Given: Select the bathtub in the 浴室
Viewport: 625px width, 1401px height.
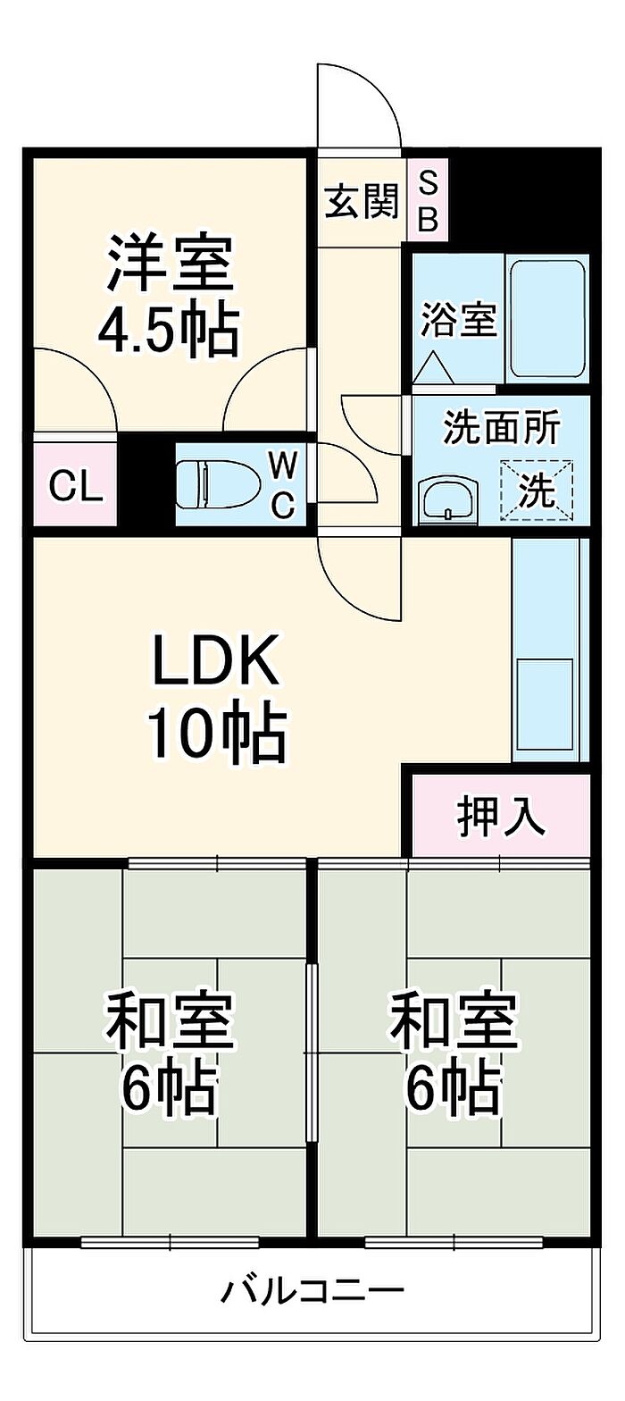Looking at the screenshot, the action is coord(548,319).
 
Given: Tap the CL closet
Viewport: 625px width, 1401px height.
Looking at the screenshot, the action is coord(76,484).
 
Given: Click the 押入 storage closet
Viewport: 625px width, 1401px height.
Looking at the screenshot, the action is coord(501,816).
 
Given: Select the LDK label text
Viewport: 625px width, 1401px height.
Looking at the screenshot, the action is coord(215,660).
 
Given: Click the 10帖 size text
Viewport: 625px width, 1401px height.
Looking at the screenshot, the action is coord(217,734).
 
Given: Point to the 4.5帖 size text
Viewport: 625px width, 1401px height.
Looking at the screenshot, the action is coord(168,330).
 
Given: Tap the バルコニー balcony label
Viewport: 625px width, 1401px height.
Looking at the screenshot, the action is coord(313,1289).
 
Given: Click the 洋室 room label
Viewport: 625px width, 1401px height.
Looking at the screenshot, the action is coord(170,263).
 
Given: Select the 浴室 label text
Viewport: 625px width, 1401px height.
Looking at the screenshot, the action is coord(458,320).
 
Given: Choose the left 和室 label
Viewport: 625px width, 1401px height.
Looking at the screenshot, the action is coord(170,1020).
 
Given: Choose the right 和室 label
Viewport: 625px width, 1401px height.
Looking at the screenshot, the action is coord(454,1020).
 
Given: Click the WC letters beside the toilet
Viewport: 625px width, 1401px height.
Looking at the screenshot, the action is coord(283,485).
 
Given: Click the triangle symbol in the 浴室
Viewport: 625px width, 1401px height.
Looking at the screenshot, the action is coord(433,368).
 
